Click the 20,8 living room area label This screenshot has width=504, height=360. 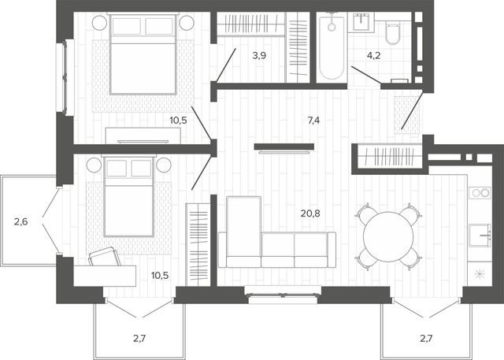pos(310,213)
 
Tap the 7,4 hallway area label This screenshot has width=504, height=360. pos(313,121)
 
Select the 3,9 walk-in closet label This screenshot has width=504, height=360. pos(259,56)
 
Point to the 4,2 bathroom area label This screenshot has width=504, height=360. pos(374,56)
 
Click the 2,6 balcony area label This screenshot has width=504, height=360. pos(21,221)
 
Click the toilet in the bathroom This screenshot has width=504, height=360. pos(392,33)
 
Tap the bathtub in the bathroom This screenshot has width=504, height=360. pos(332,46)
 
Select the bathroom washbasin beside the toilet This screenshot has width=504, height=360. pos(363,22)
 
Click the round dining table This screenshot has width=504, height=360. pos(388,237)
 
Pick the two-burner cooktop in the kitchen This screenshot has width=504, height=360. pos(480,193)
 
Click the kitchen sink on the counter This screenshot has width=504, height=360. pos(480,236)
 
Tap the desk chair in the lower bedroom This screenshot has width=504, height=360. pos(105,257)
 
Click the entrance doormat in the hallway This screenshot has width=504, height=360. pos(407,114)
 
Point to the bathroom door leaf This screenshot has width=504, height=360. pos(366,75)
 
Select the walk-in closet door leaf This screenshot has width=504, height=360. pos(226,65)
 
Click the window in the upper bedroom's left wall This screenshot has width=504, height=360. pos(65,77)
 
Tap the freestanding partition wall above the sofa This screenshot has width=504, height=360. pos(283,147)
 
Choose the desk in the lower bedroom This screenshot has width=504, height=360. pos(105,276)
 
